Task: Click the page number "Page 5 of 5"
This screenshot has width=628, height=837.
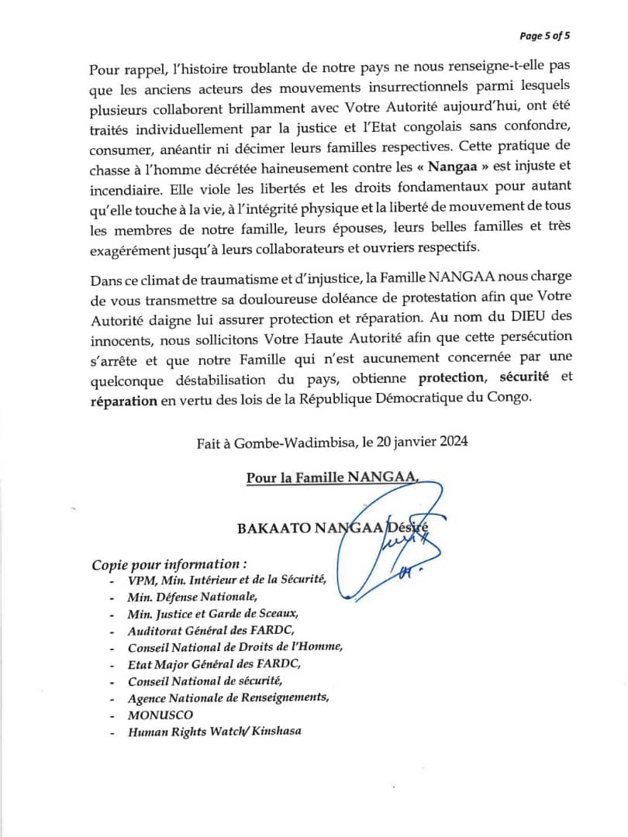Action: coord(544,36)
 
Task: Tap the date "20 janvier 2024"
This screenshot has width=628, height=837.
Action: coord(421,443)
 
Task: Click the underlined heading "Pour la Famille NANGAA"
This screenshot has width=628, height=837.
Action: coord(332,478)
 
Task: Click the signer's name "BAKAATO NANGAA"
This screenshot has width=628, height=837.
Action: coord(310,529)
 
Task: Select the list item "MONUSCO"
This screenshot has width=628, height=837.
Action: coord(161,715)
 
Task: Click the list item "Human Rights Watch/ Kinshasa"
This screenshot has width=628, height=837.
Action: coord(215,731)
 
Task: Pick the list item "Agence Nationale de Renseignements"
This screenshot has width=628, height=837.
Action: coord(229,697)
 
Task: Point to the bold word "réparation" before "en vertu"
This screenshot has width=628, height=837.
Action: coord(124,398)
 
